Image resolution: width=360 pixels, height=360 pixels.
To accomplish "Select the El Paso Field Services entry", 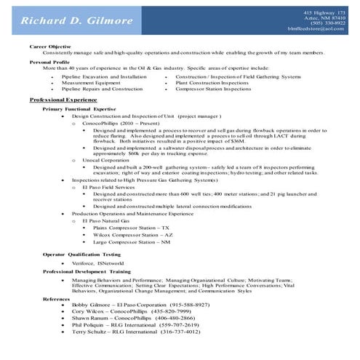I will (x=109, y=188).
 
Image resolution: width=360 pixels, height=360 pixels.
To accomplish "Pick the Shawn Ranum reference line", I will (x=122, y=318).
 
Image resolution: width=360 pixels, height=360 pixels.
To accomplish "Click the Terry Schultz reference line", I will (x=125, y=332).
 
